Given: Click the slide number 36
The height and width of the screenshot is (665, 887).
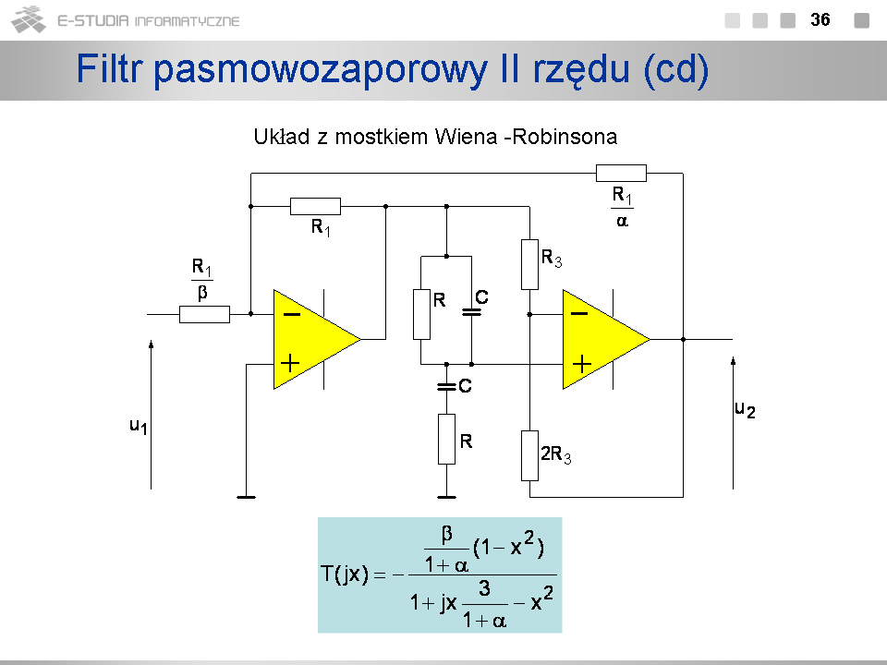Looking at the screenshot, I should coord(820,19).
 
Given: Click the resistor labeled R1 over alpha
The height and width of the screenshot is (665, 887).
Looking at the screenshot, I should coord(621,173).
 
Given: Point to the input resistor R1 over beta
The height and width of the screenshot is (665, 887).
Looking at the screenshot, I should coord(204,314).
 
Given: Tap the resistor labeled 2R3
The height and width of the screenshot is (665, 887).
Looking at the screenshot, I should coord(529,455).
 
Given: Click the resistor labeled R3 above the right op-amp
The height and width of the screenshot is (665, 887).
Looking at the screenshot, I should coord(529,264).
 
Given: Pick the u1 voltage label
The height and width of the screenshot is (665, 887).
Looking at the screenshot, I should coord(139,426).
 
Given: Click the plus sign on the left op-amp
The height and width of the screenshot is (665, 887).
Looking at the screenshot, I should coord(290,363).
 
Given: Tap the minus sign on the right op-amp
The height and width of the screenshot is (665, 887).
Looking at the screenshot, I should coord(579,314).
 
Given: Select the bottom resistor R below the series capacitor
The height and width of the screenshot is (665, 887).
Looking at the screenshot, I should coord(446,439).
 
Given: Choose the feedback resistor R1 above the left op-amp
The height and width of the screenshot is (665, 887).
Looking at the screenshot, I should coord(315,206).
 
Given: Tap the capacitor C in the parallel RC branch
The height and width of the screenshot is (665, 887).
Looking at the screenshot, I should coord(471,312).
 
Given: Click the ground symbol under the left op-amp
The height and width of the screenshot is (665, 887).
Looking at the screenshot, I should coord(246,497).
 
